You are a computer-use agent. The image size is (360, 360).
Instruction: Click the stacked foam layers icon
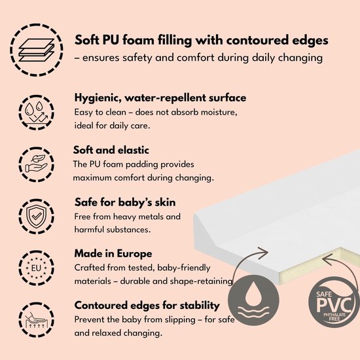36,50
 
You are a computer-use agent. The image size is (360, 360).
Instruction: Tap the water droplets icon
36,113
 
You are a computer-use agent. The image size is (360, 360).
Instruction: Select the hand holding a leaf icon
36,164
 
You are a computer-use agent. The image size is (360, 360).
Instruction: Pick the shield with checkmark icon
36,217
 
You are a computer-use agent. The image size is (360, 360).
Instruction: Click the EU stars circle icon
36,268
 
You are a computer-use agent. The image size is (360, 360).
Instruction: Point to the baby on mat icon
36,320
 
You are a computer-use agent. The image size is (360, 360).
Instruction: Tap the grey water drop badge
253,300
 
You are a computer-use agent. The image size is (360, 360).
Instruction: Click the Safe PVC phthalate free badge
334,302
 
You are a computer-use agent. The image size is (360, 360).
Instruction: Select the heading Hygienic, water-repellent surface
160,98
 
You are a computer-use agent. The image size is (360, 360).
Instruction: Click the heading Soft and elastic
111,150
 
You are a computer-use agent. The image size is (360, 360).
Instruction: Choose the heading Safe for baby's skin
125,202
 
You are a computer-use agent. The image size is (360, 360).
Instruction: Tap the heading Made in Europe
113,253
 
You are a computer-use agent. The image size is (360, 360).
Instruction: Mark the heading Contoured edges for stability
147,306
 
